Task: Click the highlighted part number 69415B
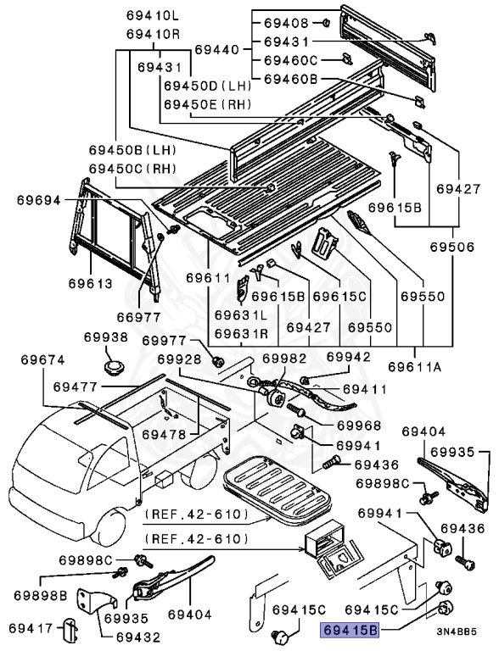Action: pyautogui.click(x=350, y=631)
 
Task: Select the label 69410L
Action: pyautogui.click(x=153, y=16)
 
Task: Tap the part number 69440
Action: pyautogui.click(x=217, y=50)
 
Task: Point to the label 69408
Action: pyautogui.click(x=287, y=23)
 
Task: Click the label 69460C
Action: pyautogui.click(x=291, y=61)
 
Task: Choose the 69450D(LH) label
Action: pyautogui.click(x=208, y=86)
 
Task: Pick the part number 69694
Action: pyautogui.click(x=39, y=201)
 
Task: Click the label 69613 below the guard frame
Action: pyautogui.click(x=91, y=284)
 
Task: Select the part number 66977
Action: pyautogui.click(x=138, y=317)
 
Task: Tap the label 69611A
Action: pyautogui.click(x=415, y=367)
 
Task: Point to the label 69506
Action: pyautogui.click(x=452, y=247)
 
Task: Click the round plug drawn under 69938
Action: pyautogui.click(x=114, y=368)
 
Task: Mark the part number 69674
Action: pyautogui.click(x=42, y=360)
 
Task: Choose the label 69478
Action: pyautogui.click(x=164, y=435)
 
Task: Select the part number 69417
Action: pyautogui.click(x=31, y=629)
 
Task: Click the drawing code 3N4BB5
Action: pyautogui.click(x=457, y=632)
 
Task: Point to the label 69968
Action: pyautogui.click(x=359, y=426)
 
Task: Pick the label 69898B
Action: pyautogui.click(x=41, y=595)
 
